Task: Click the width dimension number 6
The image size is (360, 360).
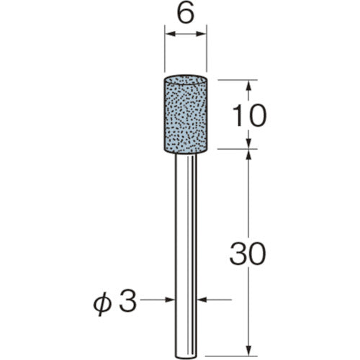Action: (x=186, y=15)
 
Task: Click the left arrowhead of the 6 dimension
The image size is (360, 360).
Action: (x=168, y=35)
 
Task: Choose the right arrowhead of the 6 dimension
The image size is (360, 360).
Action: (x=203, y=35)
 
